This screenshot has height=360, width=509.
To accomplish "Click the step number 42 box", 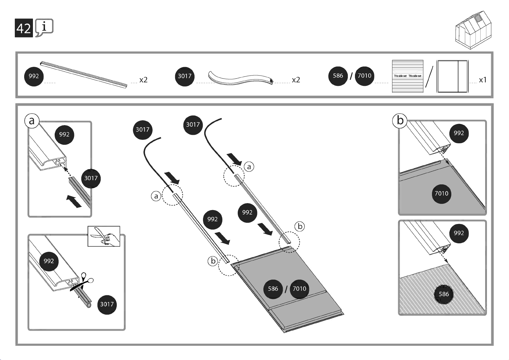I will click(x=24, y=28).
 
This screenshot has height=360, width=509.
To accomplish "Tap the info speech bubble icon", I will click(x=44, y=27).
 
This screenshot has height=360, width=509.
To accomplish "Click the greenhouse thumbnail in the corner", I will click(x=473, y=30).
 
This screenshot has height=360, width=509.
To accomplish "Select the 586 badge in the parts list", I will click(x=338, y=76).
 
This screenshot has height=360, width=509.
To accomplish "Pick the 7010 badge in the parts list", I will click(x=364, y=76).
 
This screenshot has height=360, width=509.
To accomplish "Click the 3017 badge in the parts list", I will click(x=184, y=76).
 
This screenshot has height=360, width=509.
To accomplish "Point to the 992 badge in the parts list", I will click(x=34, y=76).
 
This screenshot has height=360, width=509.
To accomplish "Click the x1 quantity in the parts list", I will click(x=482, y=80).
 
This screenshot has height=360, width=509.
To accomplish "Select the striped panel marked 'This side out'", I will click(x=408, y=76).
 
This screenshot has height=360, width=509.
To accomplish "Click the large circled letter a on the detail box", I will click(x=32, y=121).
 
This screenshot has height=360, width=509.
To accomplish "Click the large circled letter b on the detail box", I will click(x=400, y=120).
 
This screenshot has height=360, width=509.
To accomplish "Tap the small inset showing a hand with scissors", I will click(x=104, y=236).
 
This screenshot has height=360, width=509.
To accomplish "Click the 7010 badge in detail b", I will click(x=441, y=193).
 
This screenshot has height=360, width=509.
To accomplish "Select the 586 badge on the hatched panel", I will click(x=443, y=294).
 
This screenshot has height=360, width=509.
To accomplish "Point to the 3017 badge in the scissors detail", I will click(x=107, y=304).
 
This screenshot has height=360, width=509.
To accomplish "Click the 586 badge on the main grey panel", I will click(x=273, y=289).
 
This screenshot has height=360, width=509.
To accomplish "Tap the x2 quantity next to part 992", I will click(x=143, y=80).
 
